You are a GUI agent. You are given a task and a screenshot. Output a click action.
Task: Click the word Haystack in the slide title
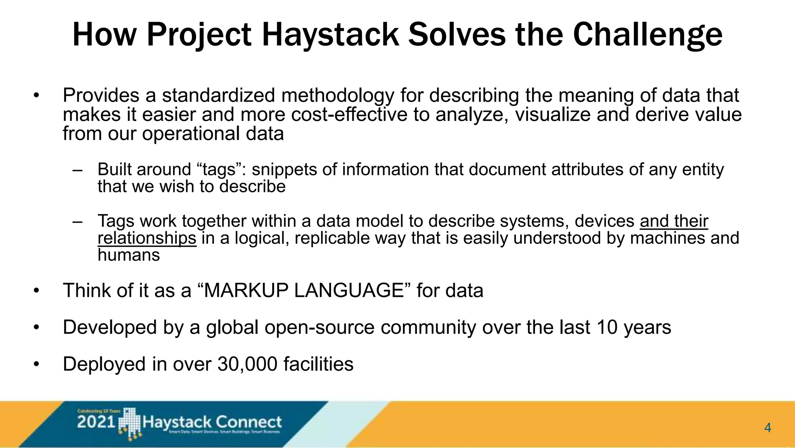[330, 35]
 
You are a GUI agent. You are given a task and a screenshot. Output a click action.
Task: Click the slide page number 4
[767, 428]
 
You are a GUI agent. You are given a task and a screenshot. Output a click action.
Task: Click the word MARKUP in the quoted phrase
[248, 291]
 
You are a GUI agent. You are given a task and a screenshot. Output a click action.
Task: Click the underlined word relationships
[147, 238]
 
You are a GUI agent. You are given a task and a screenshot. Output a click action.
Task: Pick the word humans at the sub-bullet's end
[128, 255]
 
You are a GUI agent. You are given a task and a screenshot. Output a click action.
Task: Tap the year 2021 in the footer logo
[96, 422]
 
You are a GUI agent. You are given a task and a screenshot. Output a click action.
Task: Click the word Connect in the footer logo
[248, 422]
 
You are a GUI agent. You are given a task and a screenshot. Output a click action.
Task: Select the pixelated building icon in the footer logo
[129, 424]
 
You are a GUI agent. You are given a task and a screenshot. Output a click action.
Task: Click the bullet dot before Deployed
[36, 364]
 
